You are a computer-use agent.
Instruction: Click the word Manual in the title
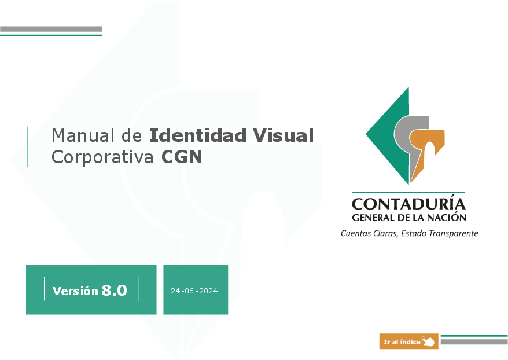pyautogui.click(x=83, y=135)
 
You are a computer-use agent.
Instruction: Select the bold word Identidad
pyautogui.click(x=198, y=135)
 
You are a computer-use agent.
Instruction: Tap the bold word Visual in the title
pyautogui.click(x=283, y=135)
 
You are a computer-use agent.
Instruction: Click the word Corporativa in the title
pyautogui.click(x=102, y=157)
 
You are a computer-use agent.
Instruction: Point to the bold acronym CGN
pyautogui.click(x=182, y=157)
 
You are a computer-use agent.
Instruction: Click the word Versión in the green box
pyautogui.click(x=75, y=291)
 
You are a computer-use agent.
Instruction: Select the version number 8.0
pyautogui.click(x=115, y=290)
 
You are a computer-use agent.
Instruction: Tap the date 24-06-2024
pyautogui.click(x=194, y=291)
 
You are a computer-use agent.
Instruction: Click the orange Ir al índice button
pyautogui.click(x=409, y=341)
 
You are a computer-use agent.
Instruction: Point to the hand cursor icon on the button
pyautogui.click(x=428, y=341)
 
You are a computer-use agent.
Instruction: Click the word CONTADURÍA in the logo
pyautogui.click(x=409, y=204)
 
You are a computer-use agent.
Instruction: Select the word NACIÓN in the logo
pyautogui.click(x=448, y=217)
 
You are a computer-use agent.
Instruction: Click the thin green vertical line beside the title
pyautogui.click(x=27, y=146)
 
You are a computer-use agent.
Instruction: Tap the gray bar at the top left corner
pyautogui.click(x=51, y=29)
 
